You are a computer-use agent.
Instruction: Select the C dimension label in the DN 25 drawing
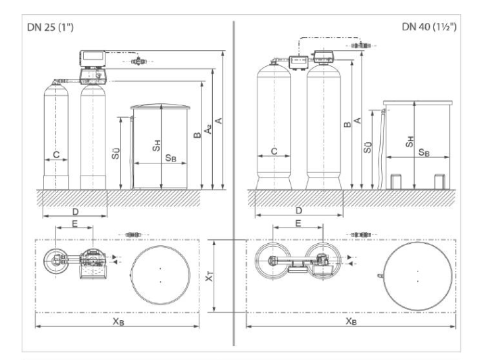click(x=56, y=155)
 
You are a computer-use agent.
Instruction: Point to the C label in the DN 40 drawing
click(x=274, y=151)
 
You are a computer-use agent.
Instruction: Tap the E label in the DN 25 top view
click(x=74, y=222)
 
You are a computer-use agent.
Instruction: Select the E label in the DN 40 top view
click(x=298, y=222)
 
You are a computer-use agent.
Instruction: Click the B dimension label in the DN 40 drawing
click(x=346, y=124)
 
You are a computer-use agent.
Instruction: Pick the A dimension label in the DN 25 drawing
click(x=218, y=122)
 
